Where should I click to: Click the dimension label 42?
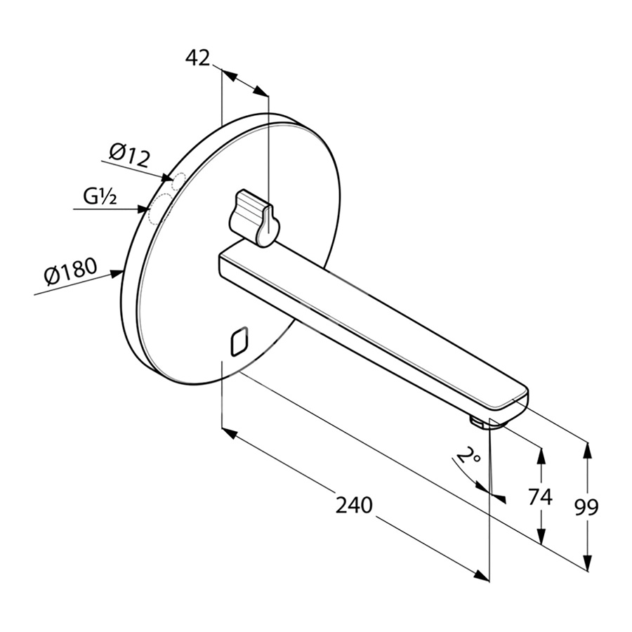[x=197, y=58]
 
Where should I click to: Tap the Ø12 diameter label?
[x=129, y=155]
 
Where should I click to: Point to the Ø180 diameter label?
[x=70, y=271]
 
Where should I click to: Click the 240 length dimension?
[x=354, y=505]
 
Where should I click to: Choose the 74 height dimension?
[x=540, y=496]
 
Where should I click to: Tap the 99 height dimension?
[x=586, y=507]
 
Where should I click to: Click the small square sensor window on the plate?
[x=239, y=341]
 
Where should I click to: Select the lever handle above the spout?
[x=253, y=218]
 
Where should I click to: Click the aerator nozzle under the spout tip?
[x=478, y=423]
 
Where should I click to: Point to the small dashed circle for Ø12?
[x=178, y=181]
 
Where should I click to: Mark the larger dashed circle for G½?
[x=160, y=208]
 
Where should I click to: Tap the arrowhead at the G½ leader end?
[x=142, y=209]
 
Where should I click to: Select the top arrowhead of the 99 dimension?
[x=588, y=450]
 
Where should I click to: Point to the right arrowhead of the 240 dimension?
[x=482, y=574]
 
